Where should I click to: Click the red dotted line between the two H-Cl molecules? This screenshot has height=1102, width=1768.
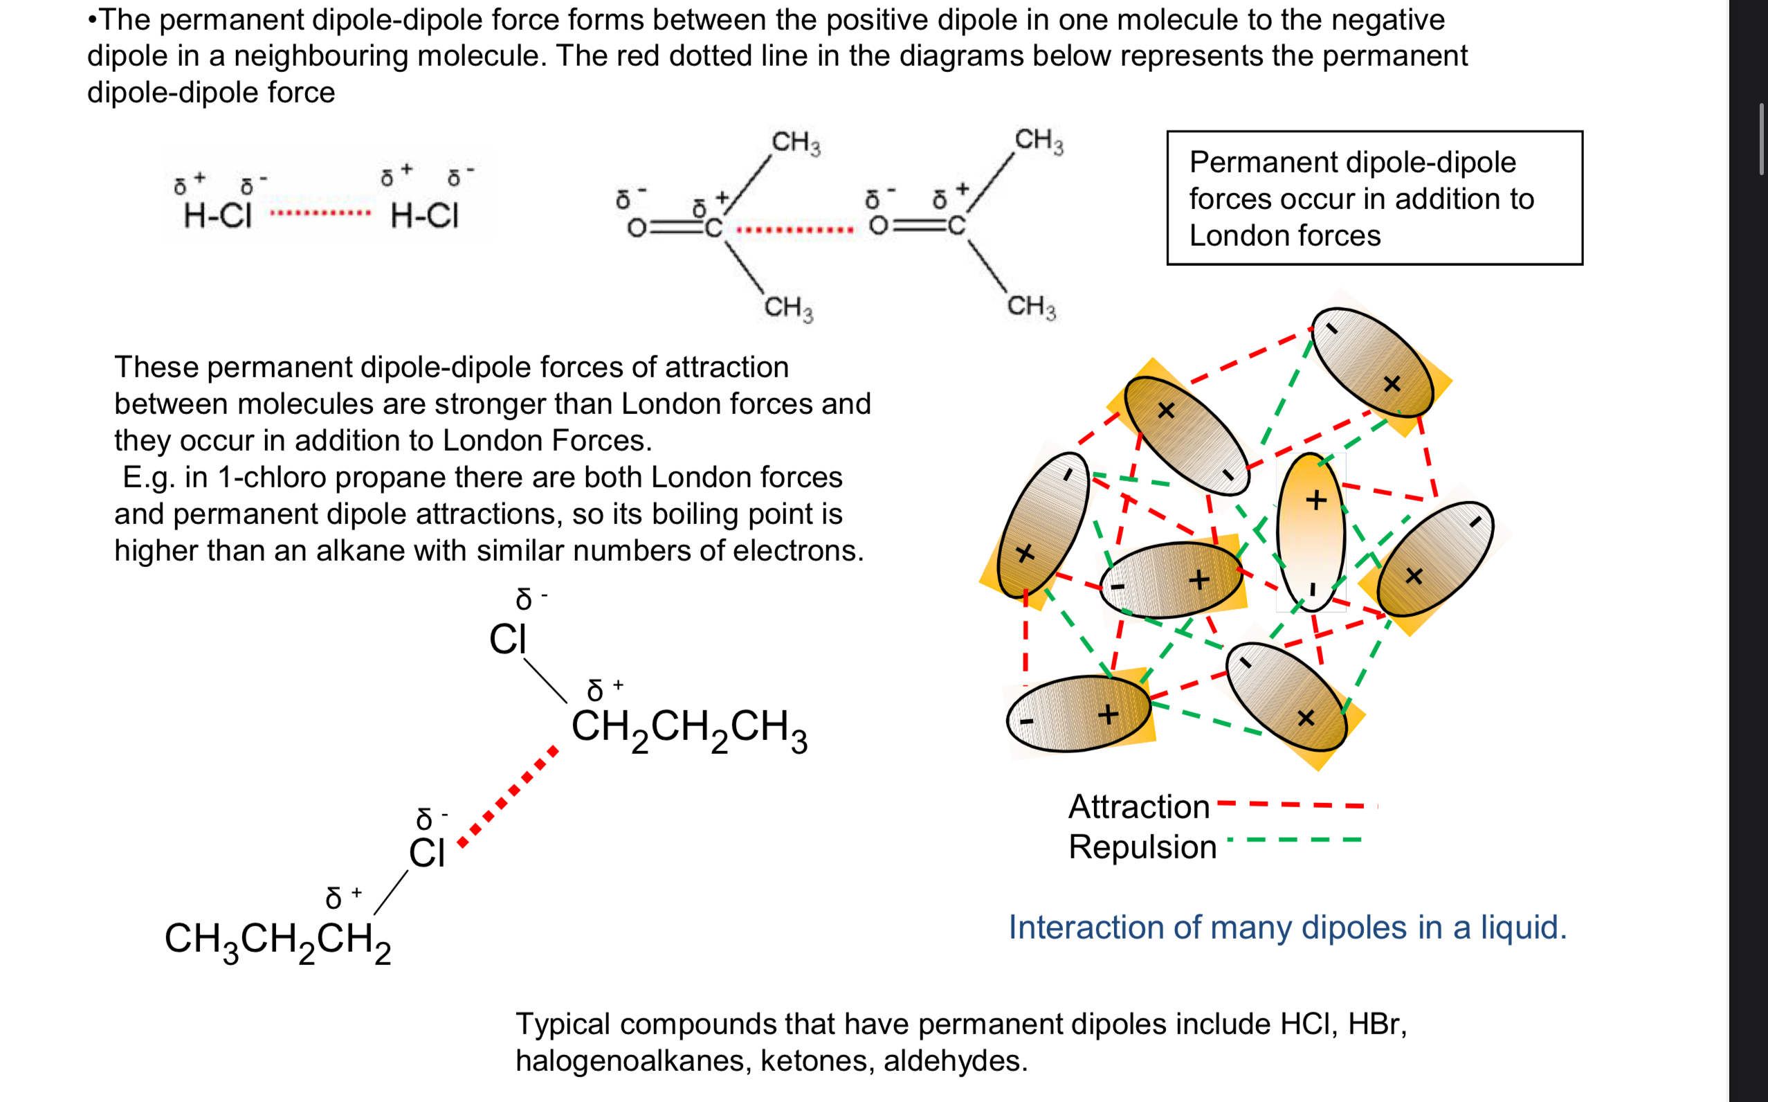point(320,213)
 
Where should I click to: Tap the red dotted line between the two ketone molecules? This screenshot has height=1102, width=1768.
point(795,231)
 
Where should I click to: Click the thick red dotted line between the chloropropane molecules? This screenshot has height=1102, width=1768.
point(509,796)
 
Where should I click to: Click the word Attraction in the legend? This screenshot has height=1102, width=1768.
point(1138,807)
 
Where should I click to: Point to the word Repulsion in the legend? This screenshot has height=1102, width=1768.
point(1142,847)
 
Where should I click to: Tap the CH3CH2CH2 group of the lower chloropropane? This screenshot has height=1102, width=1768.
point(277,940)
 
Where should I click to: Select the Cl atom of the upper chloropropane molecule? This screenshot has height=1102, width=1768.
point(507,640)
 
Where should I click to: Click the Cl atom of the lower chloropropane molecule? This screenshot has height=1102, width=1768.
point(426,853)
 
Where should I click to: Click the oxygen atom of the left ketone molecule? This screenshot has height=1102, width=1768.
point(637,229)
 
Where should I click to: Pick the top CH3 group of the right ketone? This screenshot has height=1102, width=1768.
point(1039,140)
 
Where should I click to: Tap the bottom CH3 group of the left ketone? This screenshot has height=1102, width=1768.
point(788,307)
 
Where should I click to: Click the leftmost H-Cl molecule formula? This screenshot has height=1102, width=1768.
point(217,216)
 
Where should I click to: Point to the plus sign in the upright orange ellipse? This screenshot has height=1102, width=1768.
point(1315,500)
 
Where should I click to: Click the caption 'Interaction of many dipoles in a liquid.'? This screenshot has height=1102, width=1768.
point(1287,928)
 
